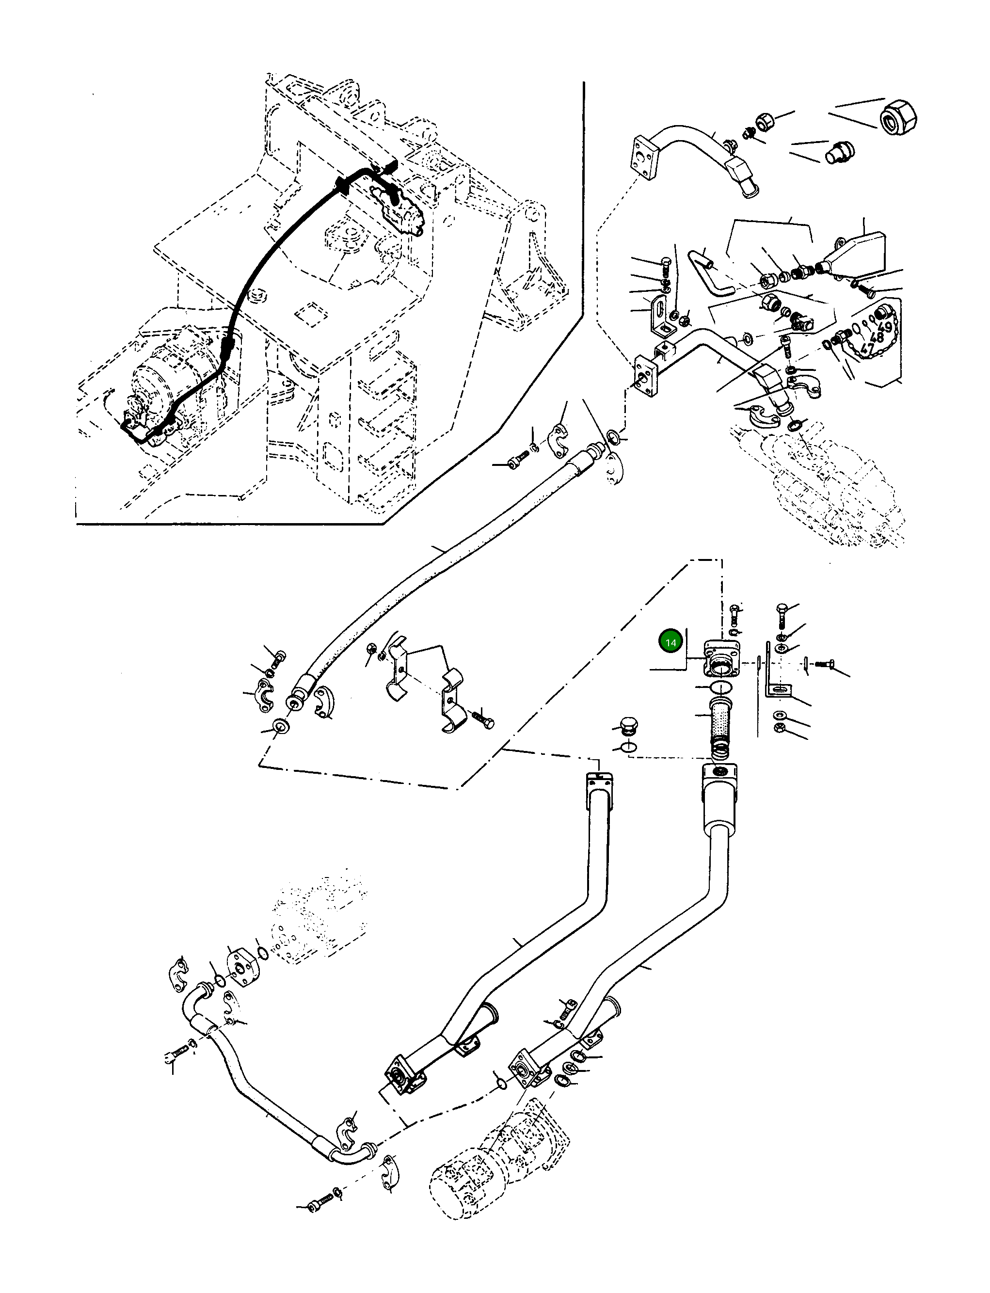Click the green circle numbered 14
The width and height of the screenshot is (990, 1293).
pyautogui.click(x=671, y=642)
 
